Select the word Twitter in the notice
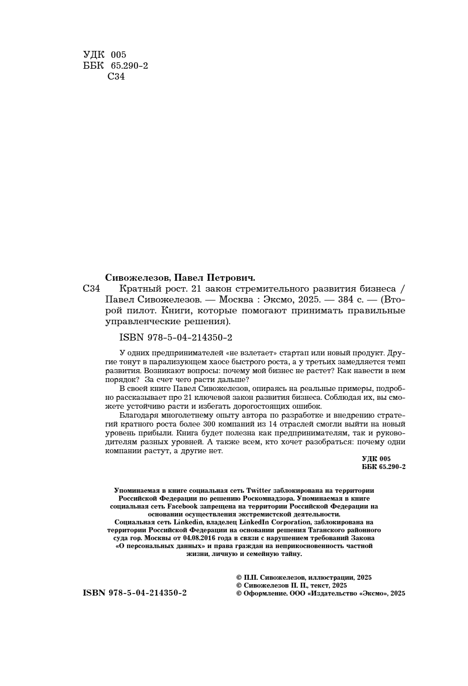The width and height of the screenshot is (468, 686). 259,490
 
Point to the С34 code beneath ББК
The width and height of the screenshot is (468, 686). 116,77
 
